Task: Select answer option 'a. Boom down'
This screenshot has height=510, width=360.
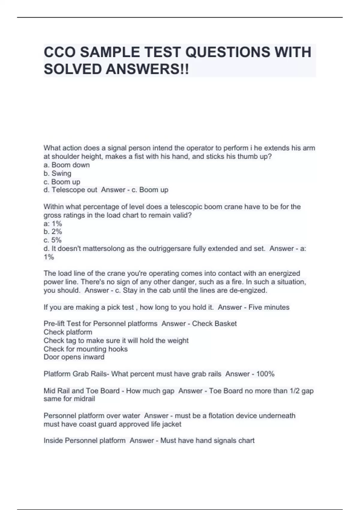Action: (67, 165)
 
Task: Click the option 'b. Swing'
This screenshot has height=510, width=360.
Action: (57, 173)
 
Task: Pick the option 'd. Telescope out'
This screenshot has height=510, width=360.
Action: (70, 190)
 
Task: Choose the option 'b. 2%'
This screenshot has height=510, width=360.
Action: (53, 232)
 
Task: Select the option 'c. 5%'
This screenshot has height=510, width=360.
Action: (52, 240)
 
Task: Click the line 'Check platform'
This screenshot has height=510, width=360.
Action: (68, 332)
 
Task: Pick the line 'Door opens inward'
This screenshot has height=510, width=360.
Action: (74, 357)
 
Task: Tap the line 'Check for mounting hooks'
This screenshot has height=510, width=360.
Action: (85, 349)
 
